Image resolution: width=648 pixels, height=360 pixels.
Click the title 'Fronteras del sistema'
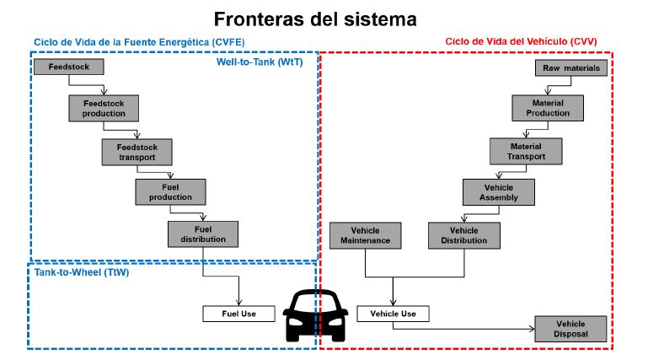coord(314,18)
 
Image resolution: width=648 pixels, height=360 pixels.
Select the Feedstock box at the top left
coord(68,66)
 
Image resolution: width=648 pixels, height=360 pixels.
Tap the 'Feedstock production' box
coord(104,107)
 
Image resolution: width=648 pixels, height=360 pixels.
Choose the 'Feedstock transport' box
coord(136,152)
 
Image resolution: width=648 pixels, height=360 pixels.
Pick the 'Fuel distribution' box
coord(203,234)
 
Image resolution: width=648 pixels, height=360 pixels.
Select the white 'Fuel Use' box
coord(238,314)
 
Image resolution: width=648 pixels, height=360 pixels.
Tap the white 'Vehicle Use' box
coord(393,314)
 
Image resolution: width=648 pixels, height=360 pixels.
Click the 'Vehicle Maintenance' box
coord(365,235)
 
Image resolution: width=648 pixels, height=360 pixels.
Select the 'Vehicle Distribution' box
coord(464,235)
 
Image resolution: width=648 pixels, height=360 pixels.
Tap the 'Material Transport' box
coord(527,151)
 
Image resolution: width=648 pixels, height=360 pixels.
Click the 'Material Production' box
coord(548,108)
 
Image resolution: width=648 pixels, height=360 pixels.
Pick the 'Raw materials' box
coord(571,67)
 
